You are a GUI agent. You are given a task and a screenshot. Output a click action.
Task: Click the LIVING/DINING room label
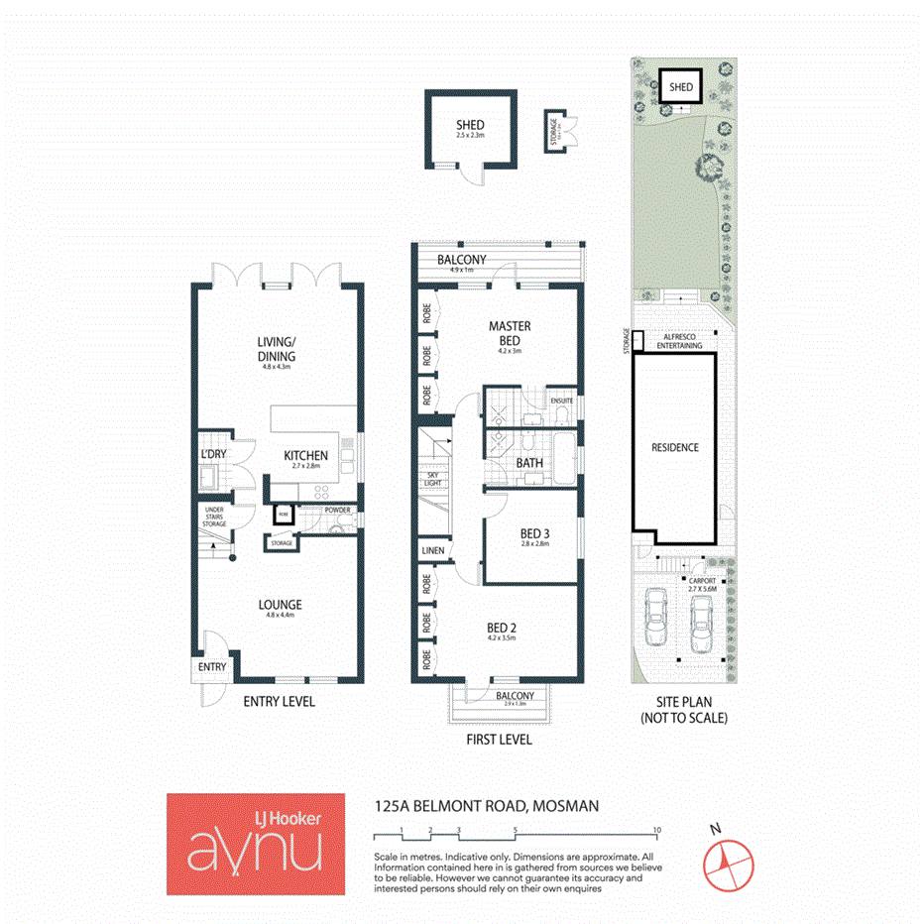pyautogui.click(x=277, y=350)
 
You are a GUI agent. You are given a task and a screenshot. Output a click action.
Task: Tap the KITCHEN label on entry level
pyautogui.click(x=305, y=456)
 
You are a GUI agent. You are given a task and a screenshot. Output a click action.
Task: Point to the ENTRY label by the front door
pyautogui.click(x=211, y=667)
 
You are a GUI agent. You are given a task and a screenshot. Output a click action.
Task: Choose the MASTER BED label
pyautogui.click(x=510, y=332)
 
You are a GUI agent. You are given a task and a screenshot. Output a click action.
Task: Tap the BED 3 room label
pyautogui.click(x=534, y=534)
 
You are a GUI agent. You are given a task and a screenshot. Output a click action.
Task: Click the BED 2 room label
pyautogui.click(x=502, y=627)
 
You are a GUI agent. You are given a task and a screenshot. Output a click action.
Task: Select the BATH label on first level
pyautogui.click(x=527, y=463)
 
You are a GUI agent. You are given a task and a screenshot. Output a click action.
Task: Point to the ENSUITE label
pyautogui.click(x=562, y=402)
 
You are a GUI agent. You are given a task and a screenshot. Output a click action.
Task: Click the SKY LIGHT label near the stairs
pyautogui.click(x=432, y=481)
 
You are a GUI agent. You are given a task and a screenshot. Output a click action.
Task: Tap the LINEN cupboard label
pyautogui.click(x=432, y=550)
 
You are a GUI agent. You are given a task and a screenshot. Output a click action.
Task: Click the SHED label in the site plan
pyautogui.click(x=680, y=87)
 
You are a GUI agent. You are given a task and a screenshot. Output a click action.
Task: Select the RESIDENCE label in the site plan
pyautogui.click(x=674, y=447)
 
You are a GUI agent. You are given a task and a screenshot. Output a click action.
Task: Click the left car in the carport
pyautogui.click(x=656, y=617)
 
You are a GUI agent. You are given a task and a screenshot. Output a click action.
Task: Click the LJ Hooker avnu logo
pyautogui.click(x=256, y=845)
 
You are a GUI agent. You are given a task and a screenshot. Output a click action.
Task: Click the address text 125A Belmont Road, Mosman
pyautogui.click(x=486, y=807)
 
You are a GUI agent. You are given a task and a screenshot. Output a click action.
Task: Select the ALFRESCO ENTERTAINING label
pyautogui.click(x=679, y=341)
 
